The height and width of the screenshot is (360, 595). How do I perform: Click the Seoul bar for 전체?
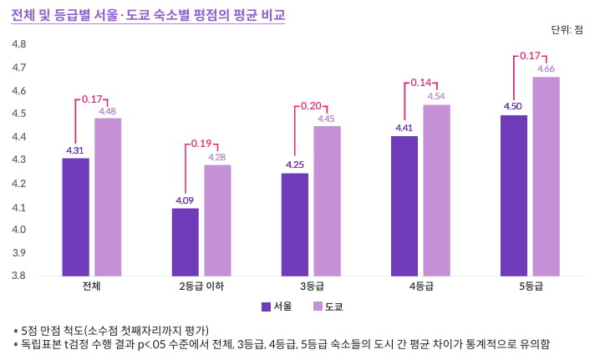(x=75, y=217)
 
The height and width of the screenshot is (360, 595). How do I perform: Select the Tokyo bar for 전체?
(x=108, y=197)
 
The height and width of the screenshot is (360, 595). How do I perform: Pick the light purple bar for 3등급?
(x=327, y=201)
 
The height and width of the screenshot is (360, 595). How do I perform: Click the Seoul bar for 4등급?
(x=404, y=205)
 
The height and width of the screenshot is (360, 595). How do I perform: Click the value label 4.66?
(x=547, y=68)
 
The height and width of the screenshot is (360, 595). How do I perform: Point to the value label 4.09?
(x=185, y=200)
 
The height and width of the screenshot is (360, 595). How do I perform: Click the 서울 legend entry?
(x=277, y=307)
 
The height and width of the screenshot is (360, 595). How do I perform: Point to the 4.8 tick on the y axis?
(x=18, y=43)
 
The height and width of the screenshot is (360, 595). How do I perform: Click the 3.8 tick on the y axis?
(x=18, y=276)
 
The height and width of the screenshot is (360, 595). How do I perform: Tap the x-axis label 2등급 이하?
(x=201, y=286)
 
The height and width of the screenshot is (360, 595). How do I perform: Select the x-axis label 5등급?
(x=531, y=286)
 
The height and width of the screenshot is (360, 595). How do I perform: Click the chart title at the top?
(x=148, y=14)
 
